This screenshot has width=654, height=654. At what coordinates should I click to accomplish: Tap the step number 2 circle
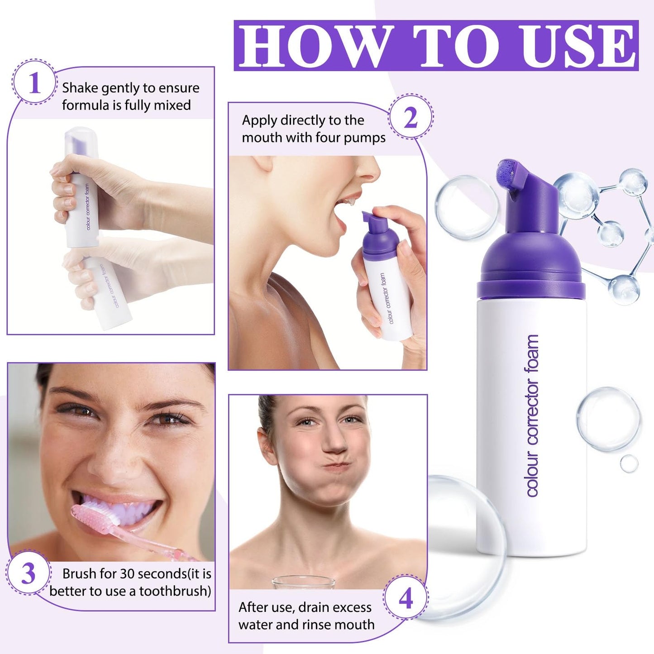(x=411, y=117)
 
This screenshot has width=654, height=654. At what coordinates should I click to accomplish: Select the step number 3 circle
(x=28, y=573)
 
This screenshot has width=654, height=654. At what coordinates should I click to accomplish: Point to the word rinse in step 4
(x=319, y=625)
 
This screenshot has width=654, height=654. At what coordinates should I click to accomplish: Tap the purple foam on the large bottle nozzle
(x=509, y=174)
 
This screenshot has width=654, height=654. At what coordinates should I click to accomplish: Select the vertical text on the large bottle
(x=532, y=415)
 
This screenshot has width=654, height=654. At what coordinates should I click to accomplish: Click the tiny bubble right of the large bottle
(x=629, y=463)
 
